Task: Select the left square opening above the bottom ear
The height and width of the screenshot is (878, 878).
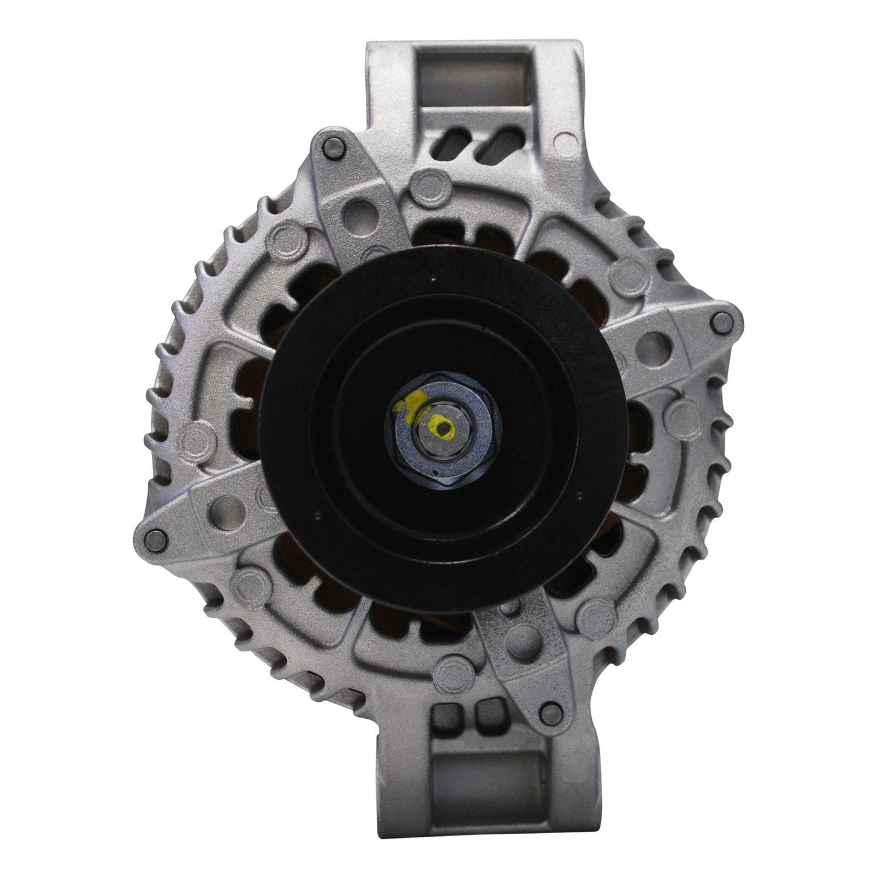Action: [454, 734]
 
